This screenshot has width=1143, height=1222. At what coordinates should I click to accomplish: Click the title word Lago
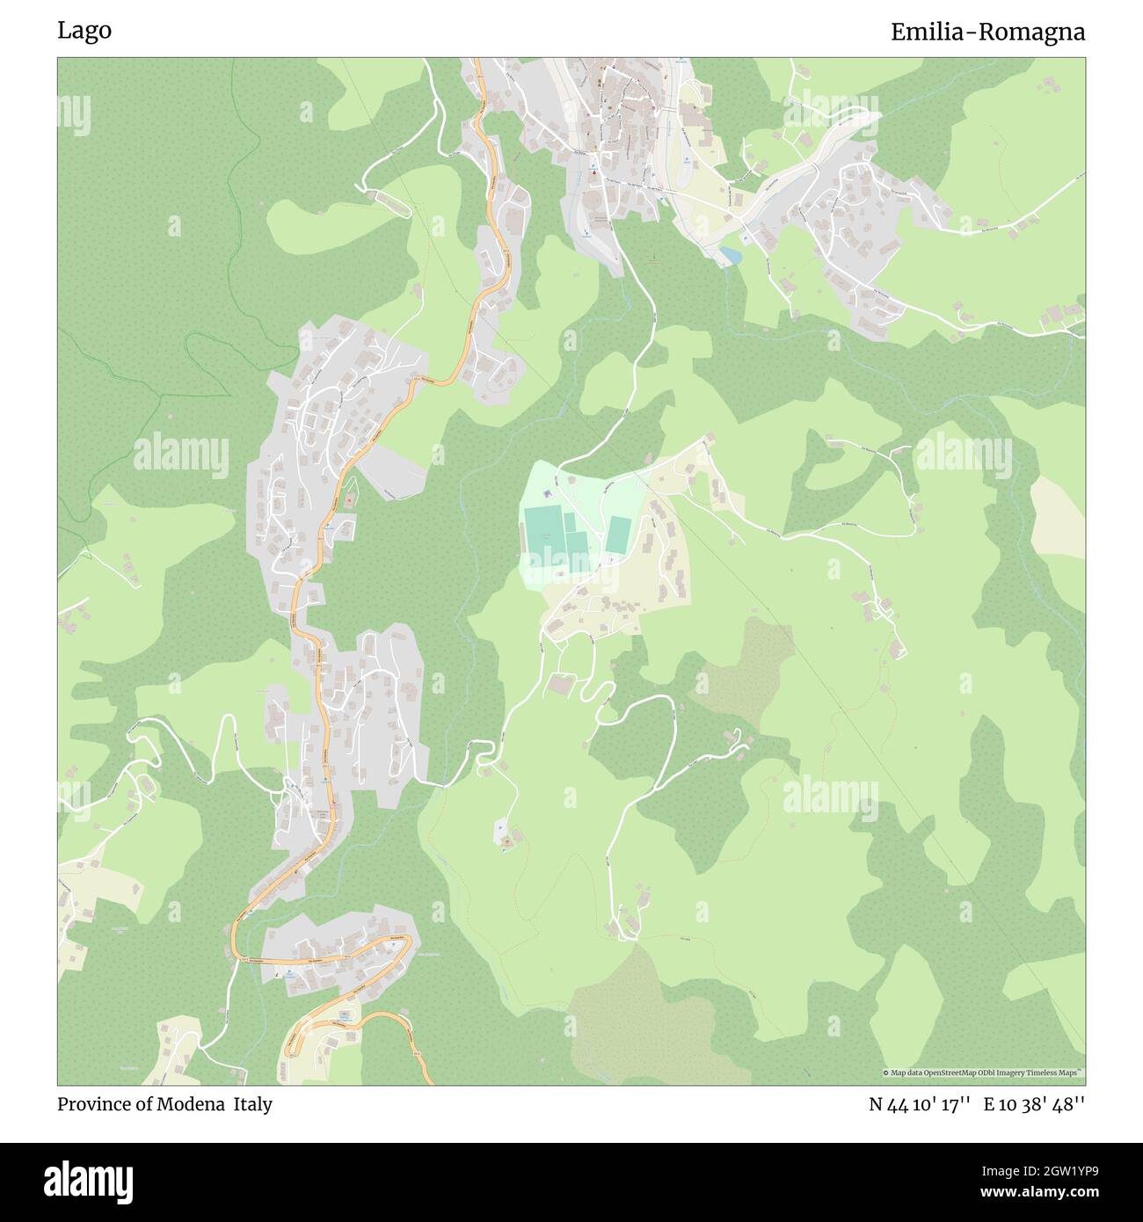click(x=84, y=31)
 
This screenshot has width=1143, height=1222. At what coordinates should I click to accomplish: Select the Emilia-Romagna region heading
click(x=987, y=33)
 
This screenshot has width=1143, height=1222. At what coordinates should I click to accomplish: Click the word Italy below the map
click(x=252, y=1104)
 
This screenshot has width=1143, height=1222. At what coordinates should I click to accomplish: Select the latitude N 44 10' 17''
click(x=920, y=1104)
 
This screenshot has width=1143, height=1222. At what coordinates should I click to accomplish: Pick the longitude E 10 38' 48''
click(x=1034, y=1104)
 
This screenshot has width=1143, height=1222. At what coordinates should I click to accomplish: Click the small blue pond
click(x=729, y=255)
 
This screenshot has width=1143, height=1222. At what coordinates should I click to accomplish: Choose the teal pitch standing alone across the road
click(x=618, y=535)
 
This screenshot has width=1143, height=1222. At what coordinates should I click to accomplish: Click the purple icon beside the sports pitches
click(x=559, y=572)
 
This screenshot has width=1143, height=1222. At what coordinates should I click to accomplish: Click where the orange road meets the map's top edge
click(x=477, y=60)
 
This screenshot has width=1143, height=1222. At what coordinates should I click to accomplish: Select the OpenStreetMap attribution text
click(x=983, y=1073)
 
